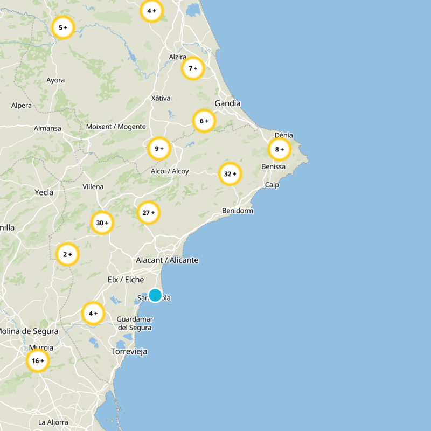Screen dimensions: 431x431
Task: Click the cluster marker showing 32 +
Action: (230, 174)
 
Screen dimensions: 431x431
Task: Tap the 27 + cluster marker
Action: (148, 213)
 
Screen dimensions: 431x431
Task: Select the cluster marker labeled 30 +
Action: (102, 223)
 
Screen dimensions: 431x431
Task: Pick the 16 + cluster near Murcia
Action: (38, 360)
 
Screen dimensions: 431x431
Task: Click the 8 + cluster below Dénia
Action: (279, 149)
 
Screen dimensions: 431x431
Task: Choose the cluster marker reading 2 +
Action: (67, 254)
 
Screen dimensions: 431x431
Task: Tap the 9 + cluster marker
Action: (159, 148)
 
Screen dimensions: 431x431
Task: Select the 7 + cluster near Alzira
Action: (192, 68)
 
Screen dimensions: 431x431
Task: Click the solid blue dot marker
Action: (155, 295)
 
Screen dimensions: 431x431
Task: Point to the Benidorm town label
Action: (238, 211)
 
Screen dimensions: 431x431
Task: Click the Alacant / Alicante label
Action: (167, 260)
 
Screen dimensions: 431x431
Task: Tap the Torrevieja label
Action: (129, 351)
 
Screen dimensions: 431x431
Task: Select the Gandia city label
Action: (227, 103)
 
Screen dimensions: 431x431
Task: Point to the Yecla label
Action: (44, 192)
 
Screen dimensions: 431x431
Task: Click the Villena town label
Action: (93, 187)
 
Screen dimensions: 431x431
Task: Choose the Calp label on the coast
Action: (272, 185)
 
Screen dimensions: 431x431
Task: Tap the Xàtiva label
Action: (161, 98)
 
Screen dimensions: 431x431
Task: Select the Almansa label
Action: (47, 128)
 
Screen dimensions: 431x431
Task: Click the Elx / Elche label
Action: (126, 280)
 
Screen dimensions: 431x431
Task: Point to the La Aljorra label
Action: (53, 422)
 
